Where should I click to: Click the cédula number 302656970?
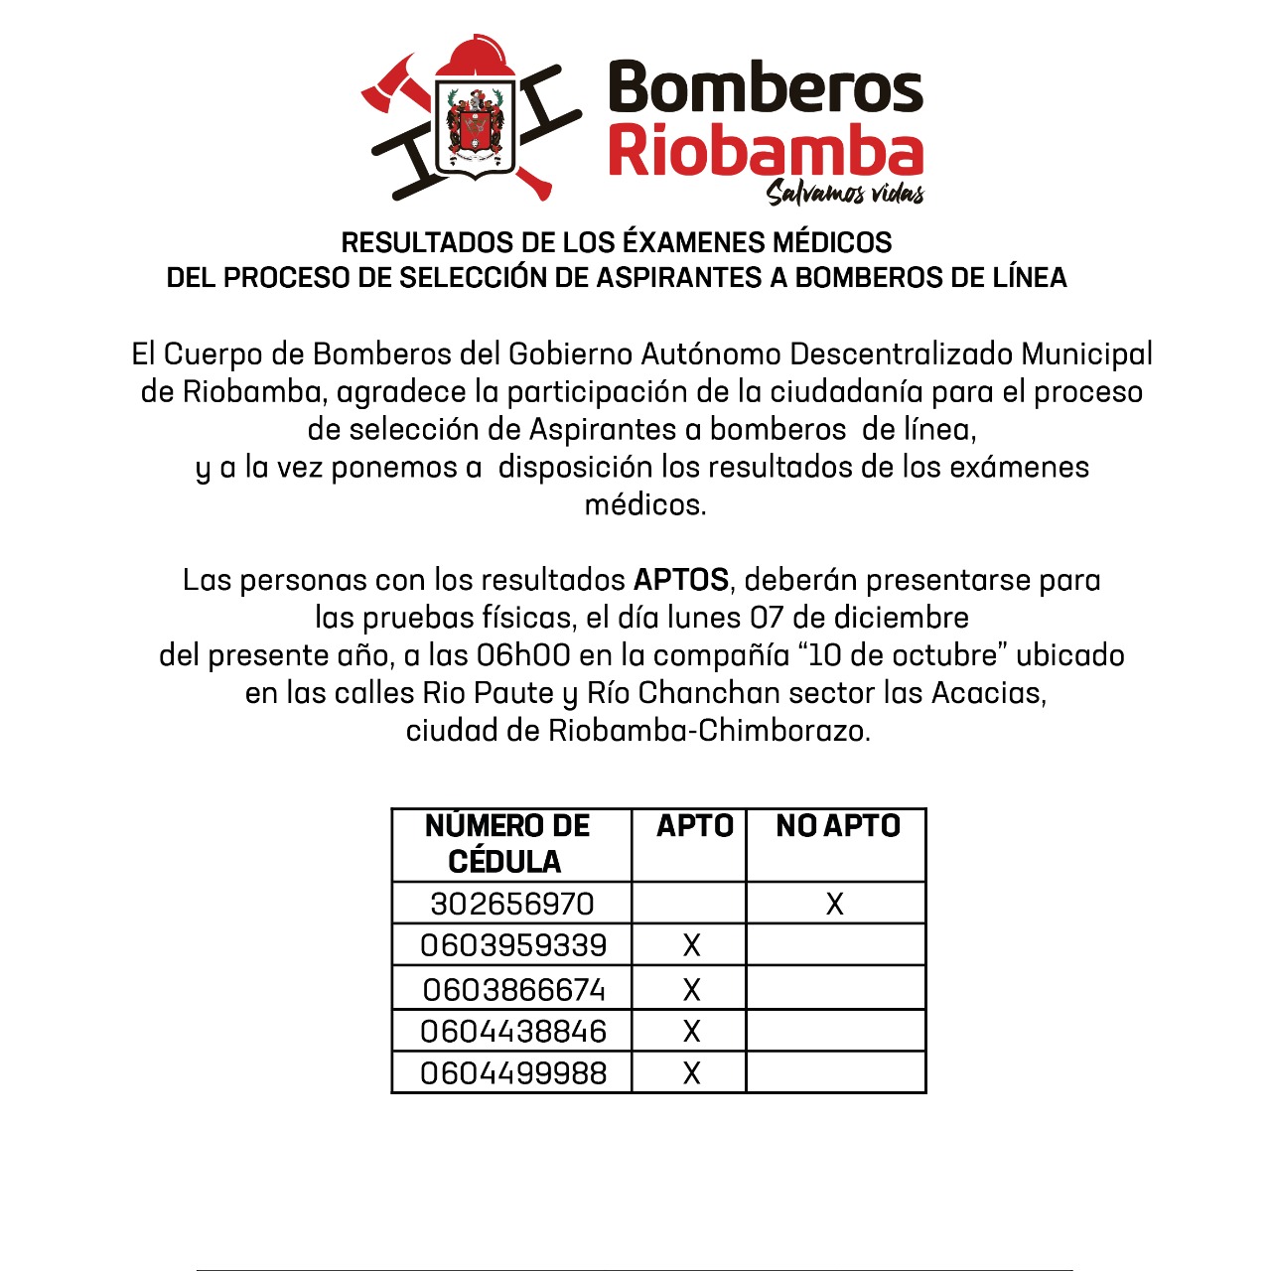point(512,904)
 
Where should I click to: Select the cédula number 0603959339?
point(513,945)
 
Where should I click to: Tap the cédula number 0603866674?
point(513,990)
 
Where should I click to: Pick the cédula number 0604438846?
point(513,1032)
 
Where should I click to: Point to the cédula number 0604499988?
point(513,1073)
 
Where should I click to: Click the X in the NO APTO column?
point(835,904)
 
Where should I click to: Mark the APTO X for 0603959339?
point(692,945)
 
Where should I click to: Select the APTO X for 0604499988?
point(692,1073)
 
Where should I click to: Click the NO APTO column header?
point(838,826)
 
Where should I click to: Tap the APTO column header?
point(694,826)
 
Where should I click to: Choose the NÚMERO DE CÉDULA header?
point(506,843)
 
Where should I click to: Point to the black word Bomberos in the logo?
point(765,87)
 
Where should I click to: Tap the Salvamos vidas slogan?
point(845,193)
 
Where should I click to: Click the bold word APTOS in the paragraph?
point(681,580)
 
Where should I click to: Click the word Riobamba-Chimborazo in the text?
point(709,731)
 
